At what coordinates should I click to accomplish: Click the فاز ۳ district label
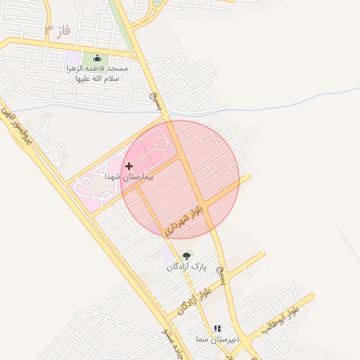(x=58, y=30)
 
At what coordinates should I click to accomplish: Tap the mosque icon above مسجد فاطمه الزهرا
(x=97, y=58)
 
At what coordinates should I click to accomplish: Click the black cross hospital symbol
(x=129, y=167)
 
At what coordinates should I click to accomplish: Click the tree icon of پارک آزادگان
(x=186, y=256)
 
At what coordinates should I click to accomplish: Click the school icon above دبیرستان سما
(x=217, y=328)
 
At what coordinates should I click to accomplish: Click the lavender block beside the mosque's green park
(x=72, y=60)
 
